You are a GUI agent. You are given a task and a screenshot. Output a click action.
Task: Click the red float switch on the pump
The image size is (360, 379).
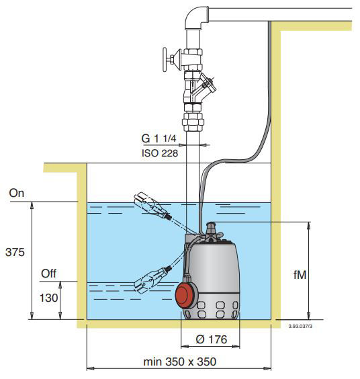[186, 296]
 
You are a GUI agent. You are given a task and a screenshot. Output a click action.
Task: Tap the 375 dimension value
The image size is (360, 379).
[15, 253]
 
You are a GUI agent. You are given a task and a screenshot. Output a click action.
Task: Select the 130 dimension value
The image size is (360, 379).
[48, 298]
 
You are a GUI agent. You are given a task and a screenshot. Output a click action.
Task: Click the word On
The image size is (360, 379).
[17, 193]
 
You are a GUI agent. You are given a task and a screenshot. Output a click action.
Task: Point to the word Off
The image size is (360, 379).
[48, 273]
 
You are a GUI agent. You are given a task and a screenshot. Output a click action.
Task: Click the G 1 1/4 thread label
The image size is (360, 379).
[159, 138]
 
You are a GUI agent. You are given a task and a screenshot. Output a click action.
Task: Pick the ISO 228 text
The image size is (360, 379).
[160, 153]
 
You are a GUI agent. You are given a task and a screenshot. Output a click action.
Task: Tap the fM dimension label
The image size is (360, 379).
[300, 275]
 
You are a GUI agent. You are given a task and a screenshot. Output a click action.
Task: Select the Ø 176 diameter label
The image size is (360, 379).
[212, 339]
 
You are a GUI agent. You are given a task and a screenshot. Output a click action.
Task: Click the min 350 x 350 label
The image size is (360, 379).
[180, 362]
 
